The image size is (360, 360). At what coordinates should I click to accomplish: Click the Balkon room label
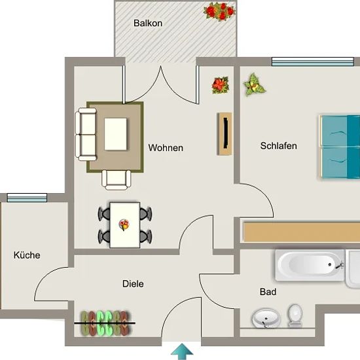coord(148,23)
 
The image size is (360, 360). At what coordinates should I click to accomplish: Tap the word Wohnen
coord(166,148)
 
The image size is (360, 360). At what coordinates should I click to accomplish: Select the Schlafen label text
coord(278,146)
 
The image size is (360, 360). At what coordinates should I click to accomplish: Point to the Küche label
coord(27,255)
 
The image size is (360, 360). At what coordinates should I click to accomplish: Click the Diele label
coord(133,284)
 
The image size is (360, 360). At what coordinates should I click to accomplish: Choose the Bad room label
coord(268,292)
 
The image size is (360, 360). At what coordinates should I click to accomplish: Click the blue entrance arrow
coord(182,351)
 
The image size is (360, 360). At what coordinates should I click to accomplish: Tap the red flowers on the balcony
coord(219,11)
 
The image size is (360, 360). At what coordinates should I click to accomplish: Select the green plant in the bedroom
coord(254,84)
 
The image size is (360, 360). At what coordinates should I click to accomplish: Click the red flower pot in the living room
coord(221,85)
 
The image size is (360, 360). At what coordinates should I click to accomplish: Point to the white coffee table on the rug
coord(115,134)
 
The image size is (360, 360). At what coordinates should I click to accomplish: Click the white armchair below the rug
coord(116,180)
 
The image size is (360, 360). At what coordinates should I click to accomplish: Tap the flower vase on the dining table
coord(124,225)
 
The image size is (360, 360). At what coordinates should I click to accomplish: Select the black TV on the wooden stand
coord(226,133)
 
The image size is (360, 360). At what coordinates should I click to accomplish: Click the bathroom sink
coord(266,319)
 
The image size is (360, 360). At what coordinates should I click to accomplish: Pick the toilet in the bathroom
coord(295,315)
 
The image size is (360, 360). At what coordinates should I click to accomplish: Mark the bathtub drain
coord(330,264)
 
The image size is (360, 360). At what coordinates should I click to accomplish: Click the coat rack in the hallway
coord(105,323)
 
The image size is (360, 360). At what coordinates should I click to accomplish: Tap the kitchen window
coord(27,198)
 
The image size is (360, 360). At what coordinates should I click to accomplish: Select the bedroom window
coord(313,62)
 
